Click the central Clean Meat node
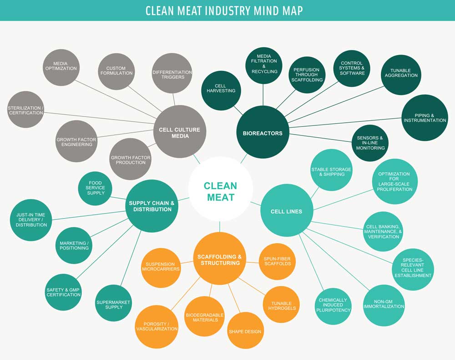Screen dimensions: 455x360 [221, 189]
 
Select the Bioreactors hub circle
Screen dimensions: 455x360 [263, 132]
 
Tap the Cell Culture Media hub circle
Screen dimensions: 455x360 [180, 132]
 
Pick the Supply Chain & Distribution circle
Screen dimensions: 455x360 [152, 206]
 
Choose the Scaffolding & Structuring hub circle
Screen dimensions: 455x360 [220, 259]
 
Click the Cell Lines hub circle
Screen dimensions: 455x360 [287, 210]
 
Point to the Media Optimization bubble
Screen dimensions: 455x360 [61, 68]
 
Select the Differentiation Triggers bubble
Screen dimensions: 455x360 [172, 73]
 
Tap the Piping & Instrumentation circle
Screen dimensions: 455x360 [425, 118]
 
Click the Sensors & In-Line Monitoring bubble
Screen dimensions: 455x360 [370, 143]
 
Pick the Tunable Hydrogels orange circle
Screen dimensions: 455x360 [282, 305]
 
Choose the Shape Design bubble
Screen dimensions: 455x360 [245, 330]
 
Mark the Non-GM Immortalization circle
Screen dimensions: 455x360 [384, 305]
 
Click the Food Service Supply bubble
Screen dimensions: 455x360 [95, 188]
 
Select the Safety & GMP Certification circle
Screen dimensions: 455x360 [64, 292]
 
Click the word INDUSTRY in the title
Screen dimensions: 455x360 [227, 11]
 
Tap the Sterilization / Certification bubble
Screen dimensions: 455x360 [25, 110]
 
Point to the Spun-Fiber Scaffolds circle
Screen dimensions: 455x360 [277, 261]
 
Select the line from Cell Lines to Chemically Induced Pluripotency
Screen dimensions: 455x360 [311, 263]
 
